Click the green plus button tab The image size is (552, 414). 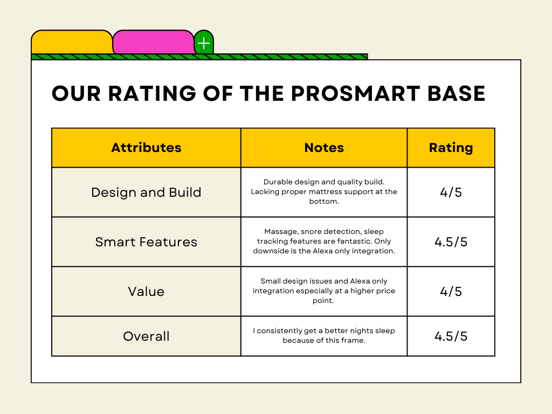(204, 43)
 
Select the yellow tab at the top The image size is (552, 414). (72, 42)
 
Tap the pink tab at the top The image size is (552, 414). (154, 42)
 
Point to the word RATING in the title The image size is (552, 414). (152, 94)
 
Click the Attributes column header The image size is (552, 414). (147, 148)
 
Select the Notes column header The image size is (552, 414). (324, 148)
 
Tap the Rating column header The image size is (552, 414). (451, 148)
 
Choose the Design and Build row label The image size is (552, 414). (146, 192)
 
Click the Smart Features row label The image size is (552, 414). (146, 242)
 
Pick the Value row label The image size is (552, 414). (146, 292)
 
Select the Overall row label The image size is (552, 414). (146, 336)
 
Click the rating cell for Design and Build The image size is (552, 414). (451, 192)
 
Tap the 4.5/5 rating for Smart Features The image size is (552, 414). (451, 242)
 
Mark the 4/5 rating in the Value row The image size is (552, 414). (451, 292)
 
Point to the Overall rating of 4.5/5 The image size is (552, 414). (451, 336)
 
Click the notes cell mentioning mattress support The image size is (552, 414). (324, 192)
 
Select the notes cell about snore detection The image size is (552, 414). (324, 241)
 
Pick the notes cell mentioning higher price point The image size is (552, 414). (324, 291)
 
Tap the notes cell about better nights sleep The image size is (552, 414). (324, 336)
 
